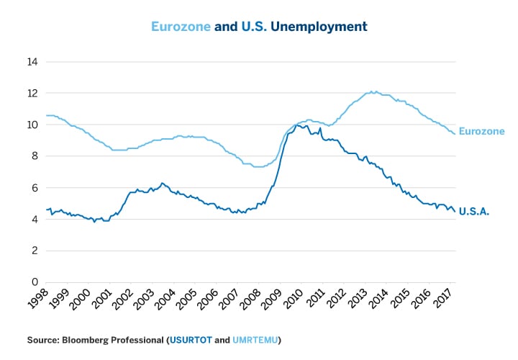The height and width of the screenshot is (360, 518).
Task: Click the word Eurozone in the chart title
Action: [181, 27]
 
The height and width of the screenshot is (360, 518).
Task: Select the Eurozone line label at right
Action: [481, 132]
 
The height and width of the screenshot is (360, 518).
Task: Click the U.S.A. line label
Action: [474, 212]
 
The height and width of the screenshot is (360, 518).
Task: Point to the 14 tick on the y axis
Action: [32, 62]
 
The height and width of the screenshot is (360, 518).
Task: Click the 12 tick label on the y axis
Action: [32, 93]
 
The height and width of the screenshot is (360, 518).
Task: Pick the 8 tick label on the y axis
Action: [34, 156]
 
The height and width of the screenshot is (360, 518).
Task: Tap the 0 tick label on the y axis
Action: [34, 282]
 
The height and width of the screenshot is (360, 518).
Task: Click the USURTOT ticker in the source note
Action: [189, 339]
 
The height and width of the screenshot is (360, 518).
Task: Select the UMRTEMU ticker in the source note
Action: [256, 339]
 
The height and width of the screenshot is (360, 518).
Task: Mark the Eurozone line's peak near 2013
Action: [372, 91]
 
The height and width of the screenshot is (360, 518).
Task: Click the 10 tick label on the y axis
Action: [32, 125]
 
